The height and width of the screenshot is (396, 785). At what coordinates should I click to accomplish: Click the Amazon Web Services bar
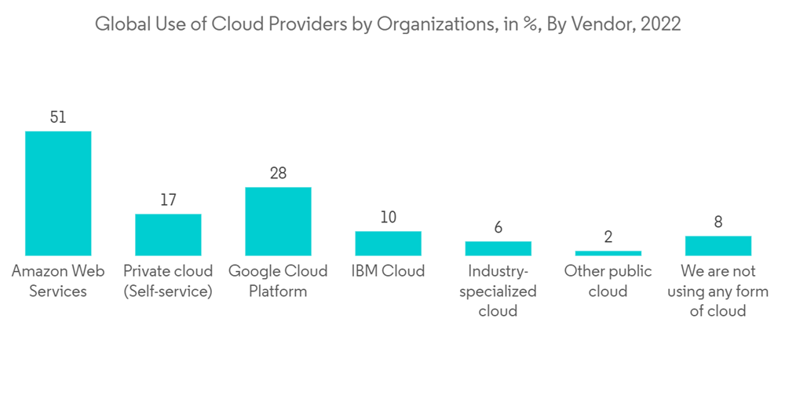58,193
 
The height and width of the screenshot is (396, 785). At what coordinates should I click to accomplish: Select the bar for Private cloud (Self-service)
168,234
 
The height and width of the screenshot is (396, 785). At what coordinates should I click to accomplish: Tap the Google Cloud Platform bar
278,221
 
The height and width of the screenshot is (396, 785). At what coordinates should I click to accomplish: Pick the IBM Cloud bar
388,243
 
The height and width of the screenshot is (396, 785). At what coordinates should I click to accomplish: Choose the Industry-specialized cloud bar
498,248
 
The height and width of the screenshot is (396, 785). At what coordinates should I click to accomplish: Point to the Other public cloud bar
608,253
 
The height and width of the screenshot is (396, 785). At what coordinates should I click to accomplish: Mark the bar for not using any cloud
717,245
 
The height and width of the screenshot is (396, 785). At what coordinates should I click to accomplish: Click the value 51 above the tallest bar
58,117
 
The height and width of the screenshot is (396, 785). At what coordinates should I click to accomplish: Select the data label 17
168,200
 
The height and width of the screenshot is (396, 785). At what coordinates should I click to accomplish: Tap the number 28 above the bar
278,173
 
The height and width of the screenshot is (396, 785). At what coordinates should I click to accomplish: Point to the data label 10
388,217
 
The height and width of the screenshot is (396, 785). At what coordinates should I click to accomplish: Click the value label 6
498,227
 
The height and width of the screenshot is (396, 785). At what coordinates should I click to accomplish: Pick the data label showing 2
608,237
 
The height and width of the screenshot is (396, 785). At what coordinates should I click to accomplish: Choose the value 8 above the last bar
717,222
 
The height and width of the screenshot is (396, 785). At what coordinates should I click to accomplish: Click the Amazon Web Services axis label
58,280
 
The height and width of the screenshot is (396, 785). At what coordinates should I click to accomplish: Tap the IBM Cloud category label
388,271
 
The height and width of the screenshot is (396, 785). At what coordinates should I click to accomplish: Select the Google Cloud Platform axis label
278,280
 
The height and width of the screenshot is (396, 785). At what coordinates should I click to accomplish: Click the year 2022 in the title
659,24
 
